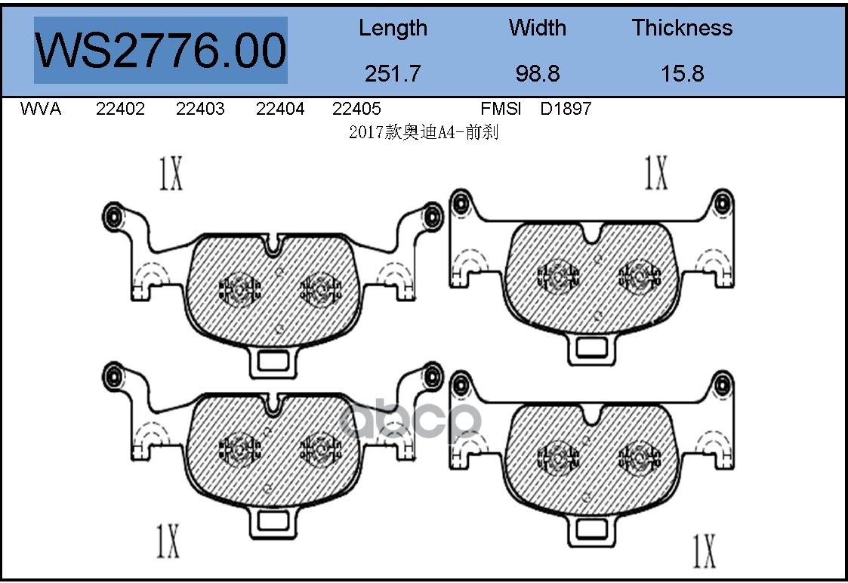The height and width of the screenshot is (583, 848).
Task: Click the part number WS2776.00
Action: tap(161, 51)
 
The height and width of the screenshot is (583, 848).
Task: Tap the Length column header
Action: tap(393, 29)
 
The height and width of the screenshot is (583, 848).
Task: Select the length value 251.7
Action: tap(393, 73)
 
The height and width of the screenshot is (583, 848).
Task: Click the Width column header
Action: tap(538, 28)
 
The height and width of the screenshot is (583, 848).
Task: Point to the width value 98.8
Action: tap(538, 73)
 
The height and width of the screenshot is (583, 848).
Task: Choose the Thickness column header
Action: tap(683, 28)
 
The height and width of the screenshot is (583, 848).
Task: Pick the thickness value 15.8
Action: tap(683, 73)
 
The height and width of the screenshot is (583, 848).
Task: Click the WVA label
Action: tap(41, 109)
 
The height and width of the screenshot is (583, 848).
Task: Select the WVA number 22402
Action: tap(120, 109)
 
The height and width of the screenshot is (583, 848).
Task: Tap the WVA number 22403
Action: tap(200, 109)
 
